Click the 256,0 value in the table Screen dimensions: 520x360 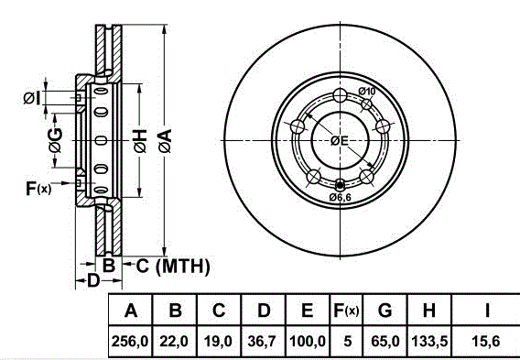[131, 341]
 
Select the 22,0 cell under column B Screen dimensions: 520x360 [174, 341]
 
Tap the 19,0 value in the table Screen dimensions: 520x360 [218, 341]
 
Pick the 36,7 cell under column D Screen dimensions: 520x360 [262, 341]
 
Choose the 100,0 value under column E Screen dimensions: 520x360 [308, 341]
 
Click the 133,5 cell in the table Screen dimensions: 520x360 [429, 341]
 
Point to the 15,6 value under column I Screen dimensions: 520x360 [486, 341]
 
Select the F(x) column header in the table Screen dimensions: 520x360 [347, 311]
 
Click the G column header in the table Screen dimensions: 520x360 [385, 311]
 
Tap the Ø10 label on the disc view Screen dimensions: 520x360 [366, 91]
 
